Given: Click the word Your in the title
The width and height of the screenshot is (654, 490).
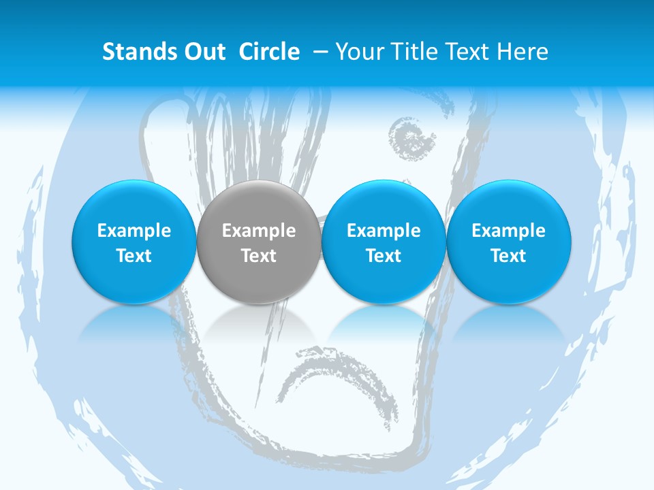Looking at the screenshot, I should point(358,52).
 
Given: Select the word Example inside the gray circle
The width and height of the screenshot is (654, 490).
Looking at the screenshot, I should point(259,231).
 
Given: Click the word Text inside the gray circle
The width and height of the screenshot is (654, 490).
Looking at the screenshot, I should point(259,256).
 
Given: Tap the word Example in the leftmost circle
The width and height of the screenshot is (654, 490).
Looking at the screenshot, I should point(134,231).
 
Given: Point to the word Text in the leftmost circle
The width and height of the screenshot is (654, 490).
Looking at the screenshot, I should point(134,256).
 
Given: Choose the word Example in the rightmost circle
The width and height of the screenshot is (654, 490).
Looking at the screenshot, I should point(508,231).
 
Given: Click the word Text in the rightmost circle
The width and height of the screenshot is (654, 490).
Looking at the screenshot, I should point(508,256).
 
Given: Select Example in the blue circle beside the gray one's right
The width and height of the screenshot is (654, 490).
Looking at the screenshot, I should point(384,231).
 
